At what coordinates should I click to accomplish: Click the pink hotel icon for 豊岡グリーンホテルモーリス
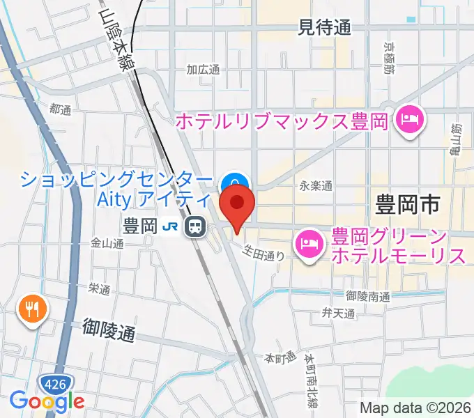click(x=308, y=244)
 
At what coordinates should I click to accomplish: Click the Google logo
click(x=47, y=401)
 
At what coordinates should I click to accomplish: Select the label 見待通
click(x=324, y=28)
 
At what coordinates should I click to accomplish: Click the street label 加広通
click(x=203, y=70)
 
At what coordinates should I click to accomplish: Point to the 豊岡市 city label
click(x=408, y=206)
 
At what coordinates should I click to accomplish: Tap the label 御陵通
click(x=108, y=329)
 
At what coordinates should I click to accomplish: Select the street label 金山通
click(x=107, y=244)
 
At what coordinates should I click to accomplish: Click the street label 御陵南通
click(x=367, y=296)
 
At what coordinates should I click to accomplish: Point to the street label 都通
click(x=61, y=109)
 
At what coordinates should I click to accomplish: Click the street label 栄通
click(x=100, y=288)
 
